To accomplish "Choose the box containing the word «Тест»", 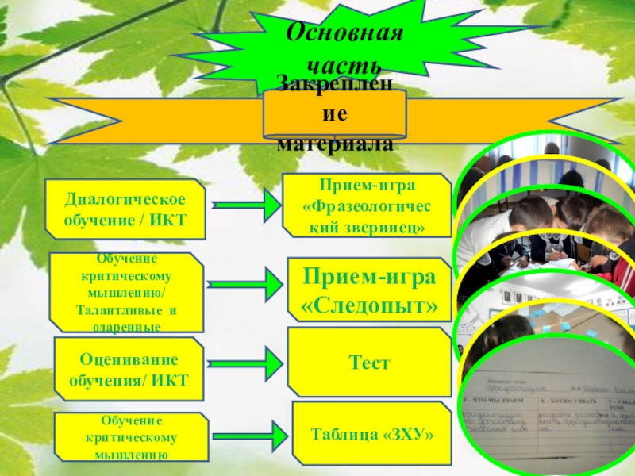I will (x=369, y=363).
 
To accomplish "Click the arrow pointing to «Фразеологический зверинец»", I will (x=248, y=206).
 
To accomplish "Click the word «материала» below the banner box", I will (x=335, y=145).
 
